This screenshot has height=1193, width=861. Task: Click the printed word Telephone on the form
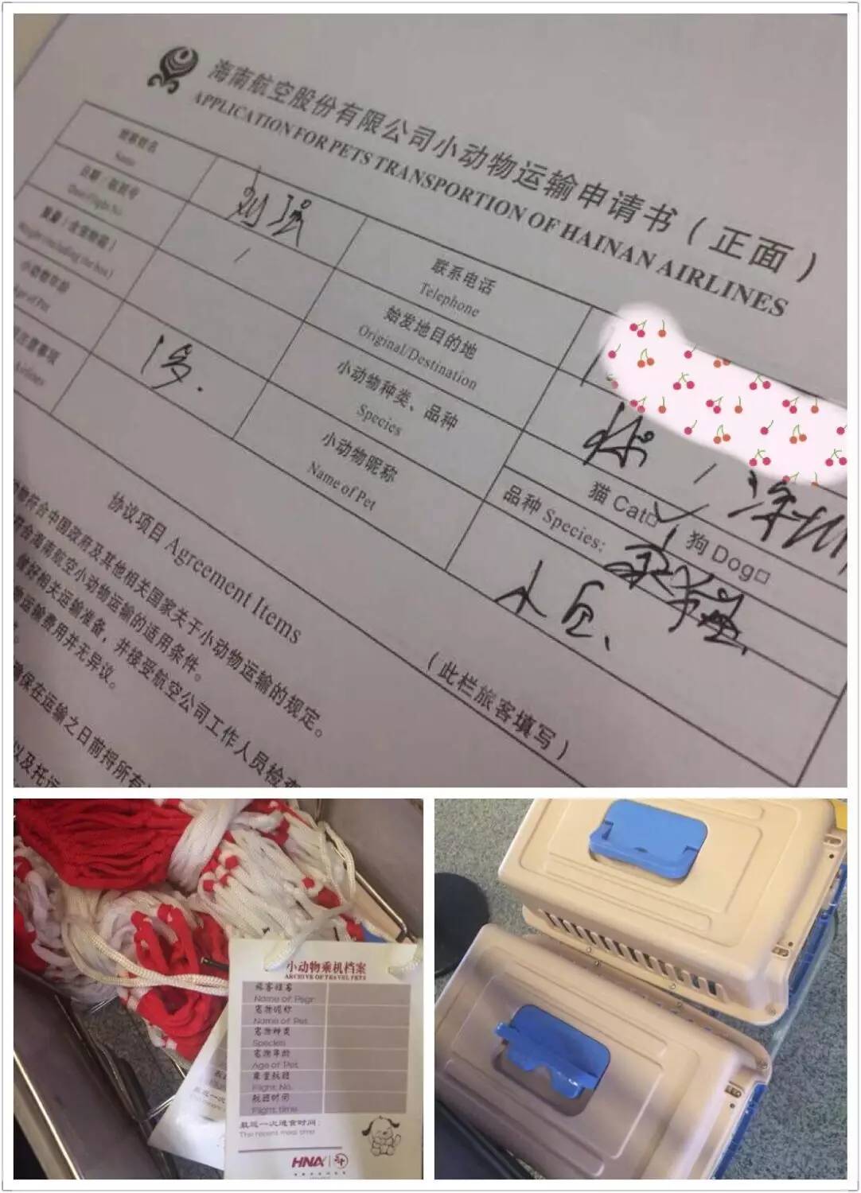(448, 300)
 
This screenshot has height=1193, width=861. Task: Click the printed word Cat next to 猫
(631, 510)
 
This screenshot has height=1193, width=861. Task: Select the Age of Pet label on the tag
(275, 1064)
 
